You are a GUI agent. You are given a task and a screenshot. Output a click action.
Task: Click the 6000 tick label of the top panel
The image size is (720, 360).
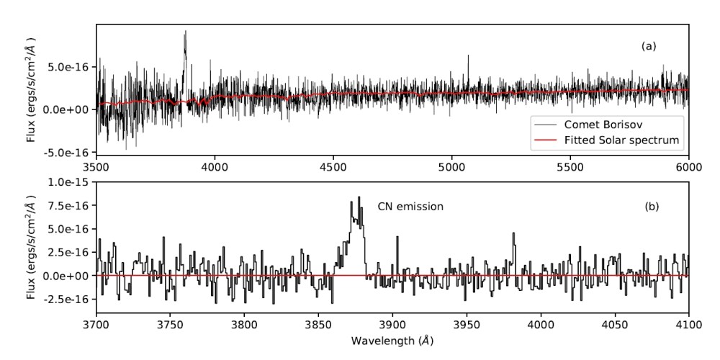click(x=689, y=166)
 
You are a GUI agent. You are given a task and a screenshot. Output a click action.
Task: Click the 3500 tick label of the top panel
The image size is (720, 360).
click(x=96, y=166)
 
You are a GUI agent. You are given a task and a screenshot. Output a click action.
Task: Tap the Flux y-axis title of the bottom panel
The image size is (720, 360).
click(x=31, y=248)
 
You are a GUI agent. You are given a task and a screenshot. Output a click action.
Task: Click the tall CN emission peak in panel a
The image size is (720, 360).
click(x=185, y=32)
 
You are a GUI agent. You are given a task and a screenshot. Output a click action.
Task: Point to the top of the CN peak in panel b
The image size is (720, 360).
click(x=359, y=197)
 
